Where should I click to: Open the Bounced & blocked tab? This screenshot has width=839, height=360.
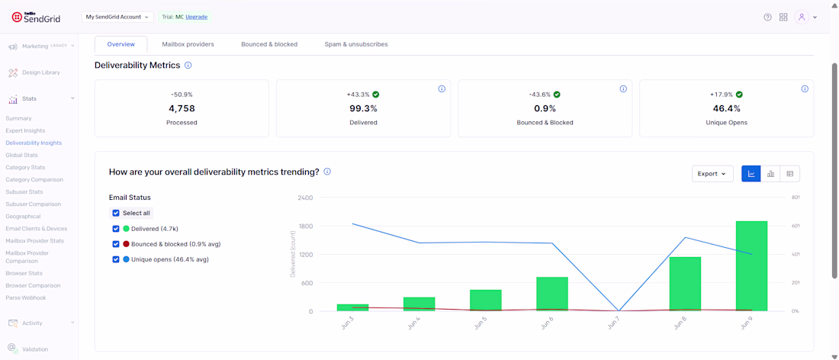pyautogui.click(x=269, y=44)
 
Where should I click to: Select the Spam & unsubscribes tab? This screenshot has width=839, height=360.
pyautogui.click(x=356, y=44)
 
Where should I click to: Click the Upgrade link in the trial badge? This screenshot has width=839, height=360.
pyautogui.click(x=196, y=17)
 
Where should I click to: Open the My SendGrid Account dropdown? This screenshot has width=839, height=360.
pyautogui.click(x=117, y=17)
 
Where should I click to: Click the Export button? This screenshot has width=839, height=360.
pyautogui.click(x=712, y=173)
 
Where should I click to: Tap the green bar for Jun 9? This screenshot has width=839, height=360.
pyautogui.click(x=751, y=266)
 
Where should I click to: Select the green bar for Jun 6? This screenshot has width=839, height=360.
pyautogui.click(x=551, y=294)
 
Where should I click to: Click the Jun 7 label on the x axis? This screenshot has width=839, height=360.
pyautogui.click(x=612, y=323)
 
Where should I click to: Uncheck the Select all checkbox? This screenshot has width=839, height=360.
pyautogui.click(x=116, y=213)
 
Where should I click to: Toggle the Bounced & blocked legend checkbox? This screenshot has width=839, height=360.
pyautogui.click(x=116, y=244)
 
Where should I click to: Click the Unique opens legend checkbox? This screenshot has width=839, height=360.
pyautogui.click(x=116, y=259)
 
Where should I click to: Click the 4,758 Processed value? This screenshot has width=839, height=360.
pyautogui.click(x=182, y=108)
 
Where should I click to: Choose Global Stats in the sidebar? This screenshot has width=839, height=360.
pyautogui.click(x=21, y=155)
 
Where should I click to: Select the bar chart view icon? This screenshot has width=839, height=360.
pyautogui.click(x=770, y=173)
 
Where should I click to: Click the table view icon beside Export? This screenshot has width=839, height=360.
pyautogui.click(x=789, y=173)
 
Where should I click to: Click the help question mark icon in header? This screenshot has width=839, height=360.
pyautogui.click(x=767, y=17)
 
